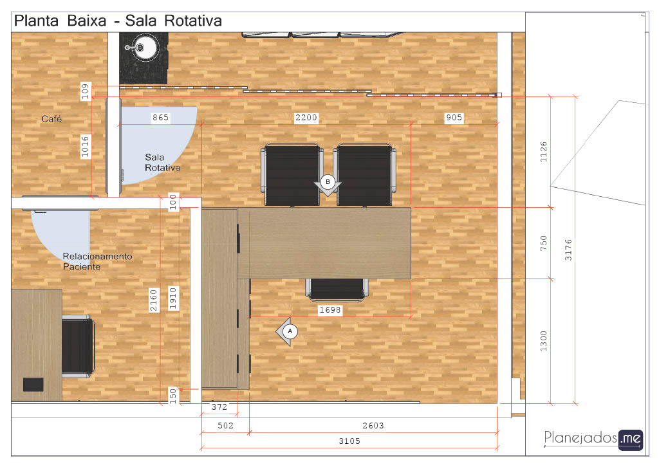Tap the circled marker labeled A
(290, 331)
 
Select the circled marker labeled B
(328, 182)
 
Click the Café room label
(51, 119)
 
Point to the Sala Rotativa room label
(162, 163)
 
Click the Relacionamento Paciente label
(97, 261)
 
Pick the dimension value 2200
(306, 118)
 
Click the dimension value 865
(160, 118)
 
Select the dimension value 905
(454, 118)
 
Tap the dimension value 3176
(568, 250)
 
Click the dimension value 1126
(543, 152)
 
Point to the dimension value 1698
(330, 310)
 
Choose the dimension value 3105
(349, 441)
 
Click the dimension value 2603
(373, 425)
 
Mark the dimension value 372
(219, 407)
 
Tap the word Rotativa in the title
(193, 21)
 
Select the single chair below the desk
(337, 289)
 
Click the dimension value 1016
(86, 146)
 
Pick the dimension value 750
(543, 243)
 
